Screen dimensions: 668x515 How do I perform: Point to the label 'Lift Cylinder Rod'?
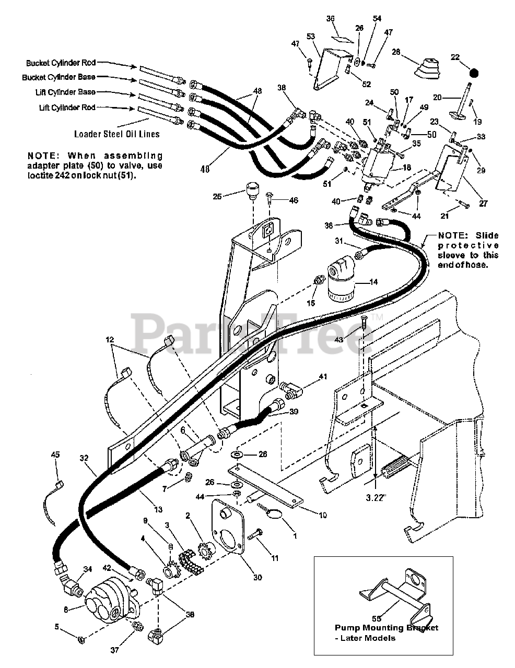click(67, 108)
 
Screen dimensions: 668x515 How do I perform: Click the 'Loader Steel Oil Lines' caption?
click(117, 134)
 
